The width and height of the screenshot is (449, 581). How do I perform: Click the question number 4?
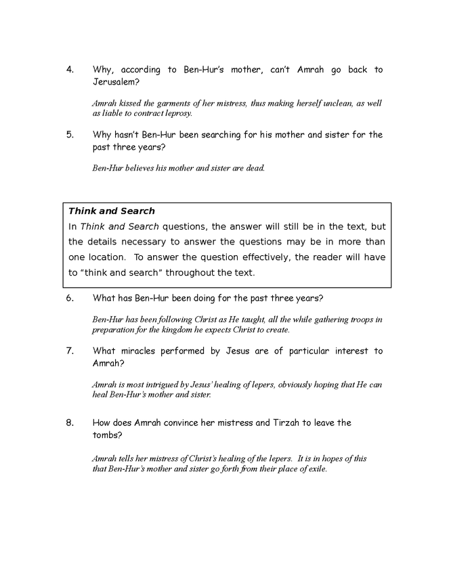70,70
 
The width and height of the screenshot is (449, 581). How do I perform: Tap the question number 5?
70,134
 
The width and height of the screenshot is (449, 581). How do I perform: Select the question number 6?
70,299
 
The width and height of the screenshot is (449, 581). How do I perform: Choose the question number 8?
70,423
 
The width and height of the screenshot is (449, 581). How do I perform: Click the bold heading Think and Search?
112,211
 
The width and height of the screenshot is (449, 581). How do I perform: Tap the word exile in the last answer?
315,469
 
